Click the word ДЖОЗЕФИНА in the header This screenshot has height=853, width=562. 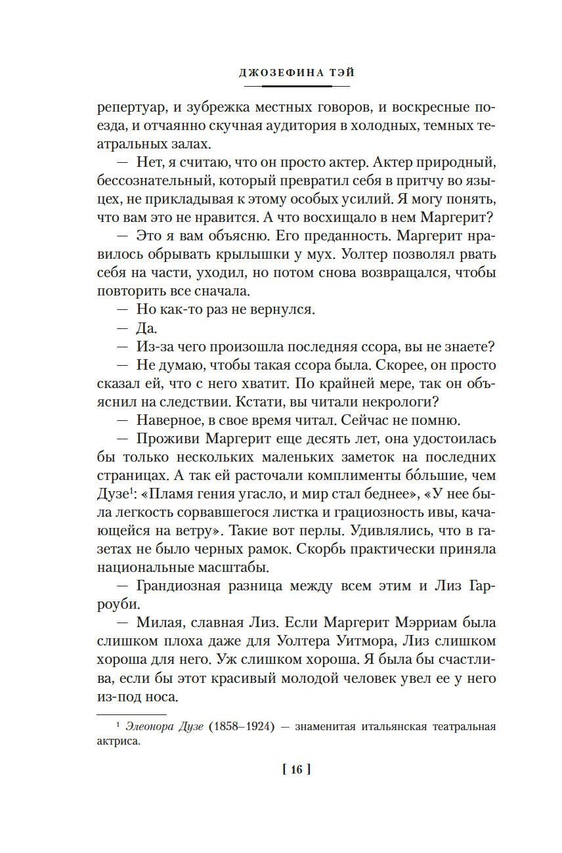tap(272, 73)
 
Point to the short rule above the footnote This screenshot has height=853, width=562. tap(131, 714)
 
